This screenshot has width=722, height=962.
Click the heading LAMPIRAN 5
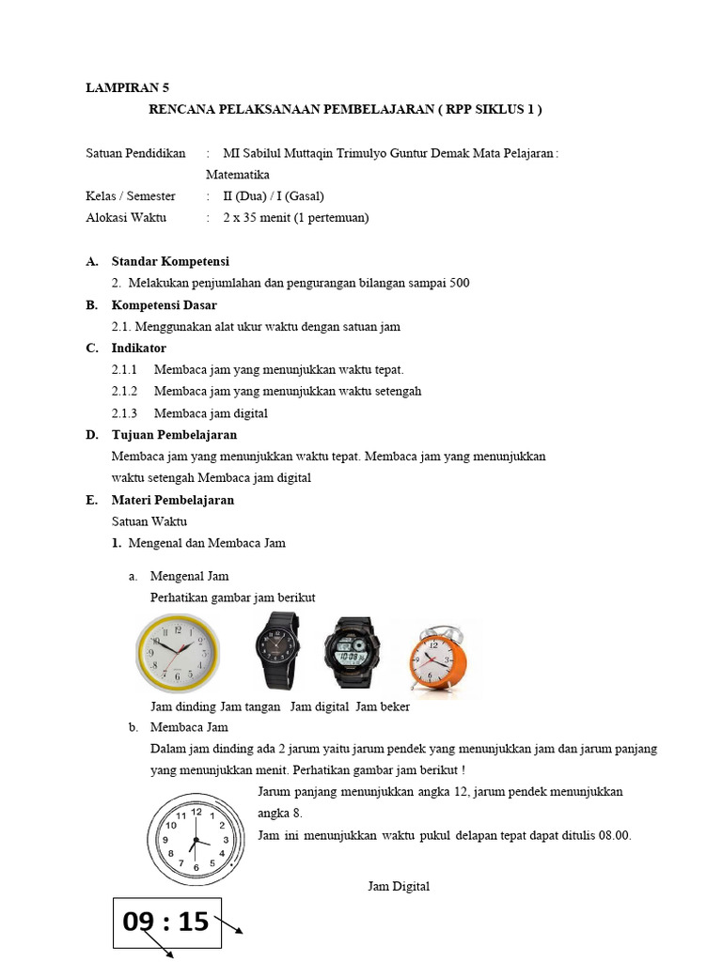[x=127, y=87]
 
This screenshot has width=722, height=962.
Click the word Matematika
[x=238, y=175]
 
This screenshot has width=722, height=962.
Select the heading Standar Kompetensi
[x=170, y=261]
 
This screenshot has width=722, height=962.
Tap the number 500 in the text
[x=458, y=283]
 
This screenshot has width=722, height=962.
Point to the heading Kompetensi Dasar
[x=164, y=305]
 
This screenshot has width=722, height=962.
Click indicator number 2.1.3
[x=124, y=413]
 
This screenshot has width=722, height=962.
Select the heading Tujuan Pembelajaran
[x=174, y=435]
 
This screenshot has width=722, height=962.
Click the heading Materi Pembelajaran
[x=173, y=500]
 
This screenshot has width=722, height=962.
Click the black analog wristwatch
[x=276, y=651]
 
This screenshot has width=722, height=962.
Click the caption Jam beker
[x=383, y=706]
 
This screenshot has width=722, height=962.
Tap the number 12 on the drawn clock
[x=196, y=810]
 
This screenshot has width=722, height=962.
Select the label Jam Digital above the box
[x=399, y=886]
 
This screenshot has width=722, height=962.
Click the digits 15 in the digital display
[x=192, y=922]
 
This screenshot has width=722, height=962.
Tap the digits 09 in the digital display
[x=138, y=922]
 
